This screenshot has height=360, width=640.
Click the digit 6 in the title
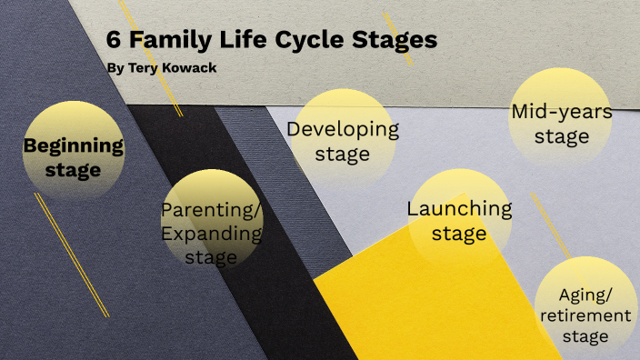113,40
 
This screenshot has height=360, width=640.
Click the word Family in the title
169,40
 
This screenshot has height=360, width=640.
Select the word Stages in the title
392,40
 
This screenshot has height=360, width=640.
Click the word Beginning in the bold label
73,145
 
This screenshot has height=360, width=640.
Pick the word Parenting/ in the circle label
211,210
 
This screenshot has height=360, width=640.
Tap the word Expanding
211,234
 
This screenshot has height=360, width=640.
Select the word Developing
343,129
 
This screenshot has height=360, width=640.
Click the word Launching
459,208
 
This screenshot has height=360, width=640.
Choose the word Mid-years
561,112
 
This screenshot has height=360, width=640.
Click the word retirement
585,315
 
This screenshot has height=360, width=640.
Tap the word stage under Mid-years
561,137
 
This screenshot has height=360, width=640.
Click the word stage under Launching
459,234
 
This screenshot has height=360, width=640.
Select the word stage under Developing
343,154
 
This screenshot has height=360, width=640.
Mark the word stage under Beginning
73,169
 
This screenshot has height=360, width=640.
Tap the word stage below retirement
585,336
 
